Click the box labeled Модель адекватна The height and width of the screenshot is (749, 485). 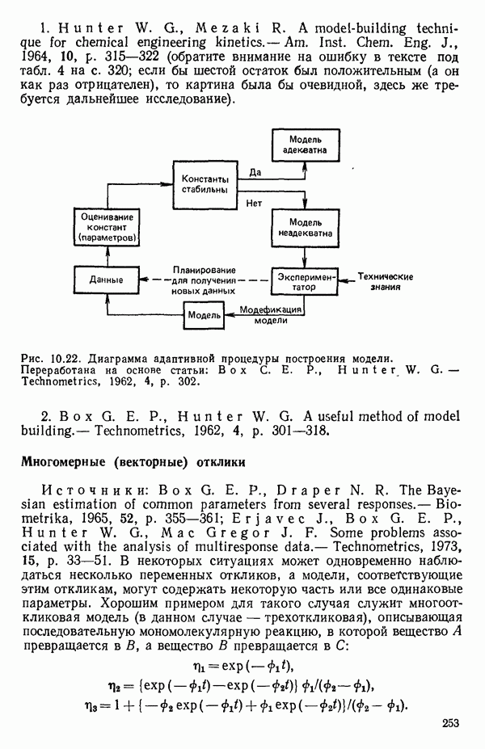[x=300, y=145]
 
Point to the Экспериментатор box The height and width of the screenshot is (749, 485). [x=303, y=280]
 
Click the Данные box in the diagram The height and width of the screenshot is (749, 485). [x=109, y=280]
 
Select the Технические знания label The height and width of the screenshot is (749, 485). [x=386, y=280]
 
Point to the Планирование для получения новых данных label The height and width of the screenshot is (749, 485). [x=202, y=280]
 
